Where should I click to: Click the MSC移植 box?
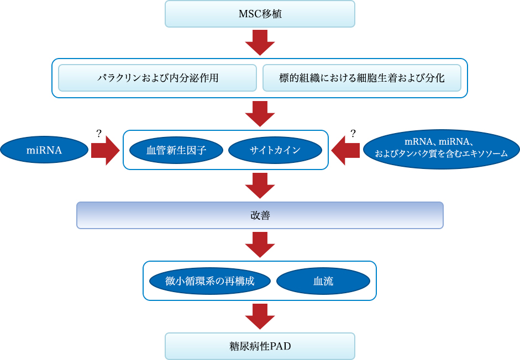260,14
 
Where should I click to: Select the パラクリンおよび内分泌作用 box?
157,78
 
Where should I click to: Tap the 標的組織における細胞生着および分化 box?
362,78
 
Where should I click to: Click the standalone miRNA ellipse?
44,150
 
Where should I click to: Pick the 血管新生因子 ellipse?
176,150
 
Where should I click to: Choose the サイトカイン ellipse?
275,150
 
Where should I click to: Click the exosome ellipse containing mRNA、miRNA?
442,149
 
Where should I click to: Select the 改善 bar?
260,215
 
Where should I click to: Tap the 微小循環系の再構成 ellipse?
210,281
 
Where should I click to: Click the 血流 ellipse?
323,281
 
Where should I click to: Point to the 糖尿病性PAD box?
260,346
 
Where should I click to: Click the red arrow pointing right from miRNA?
106,151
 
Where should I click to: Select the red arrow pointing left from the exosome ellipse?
345,151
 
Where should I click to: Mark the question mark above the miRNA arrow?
98,133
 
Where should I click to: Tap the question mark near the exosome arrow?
353,133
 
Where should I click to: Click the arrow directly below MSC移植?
260,43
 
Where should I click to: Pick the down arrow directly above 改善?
260,186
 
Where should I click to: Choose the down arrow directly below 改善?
260,245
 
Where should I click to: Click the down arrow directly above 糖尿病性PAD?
260,316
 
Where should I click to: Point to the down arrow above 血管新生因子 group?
260,114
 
